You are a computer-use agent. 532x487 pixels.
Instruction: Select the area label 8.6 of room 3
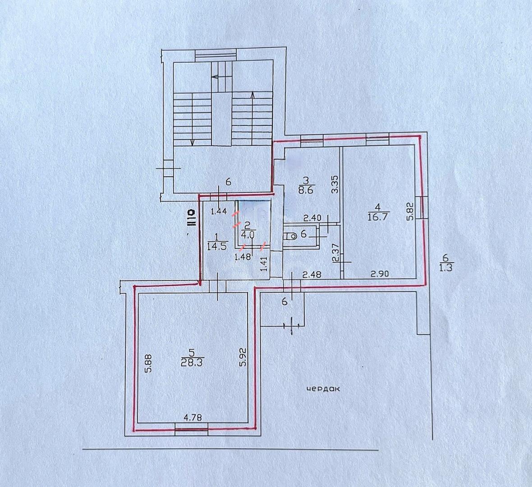[x=306, y=189]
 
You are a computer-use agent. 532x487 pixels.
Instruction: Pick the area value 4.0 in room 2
[x=247, y=234]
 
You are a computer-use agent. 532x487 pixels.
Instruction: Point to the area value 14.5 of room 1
[x=218, y=246]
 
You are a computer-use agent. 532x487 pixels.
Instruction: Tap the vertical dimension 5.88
[x=148, y=364]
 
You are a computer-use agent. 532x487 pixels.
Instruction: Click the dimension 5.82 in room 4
[x=410, y=211]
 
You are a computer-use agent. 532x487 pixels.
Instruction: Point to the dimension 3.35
[x=335, y=184]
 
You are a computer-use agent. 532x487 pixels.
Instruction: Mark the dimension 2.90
[x=379, y=274]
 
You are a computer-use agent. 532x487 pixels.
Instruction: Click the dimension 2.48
[x=312, y=274]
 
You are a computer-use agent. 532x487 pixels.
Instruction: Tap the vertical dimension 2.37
[x=335, y=253]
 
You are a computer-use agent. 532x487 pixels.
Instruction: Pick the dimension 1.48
[x=243, y=257]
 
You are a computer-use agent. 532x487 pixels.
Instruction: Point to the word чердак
[x=323, y=389]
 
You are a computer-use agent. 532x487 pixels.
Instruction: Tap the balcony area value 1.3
[x=446, y=267]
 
